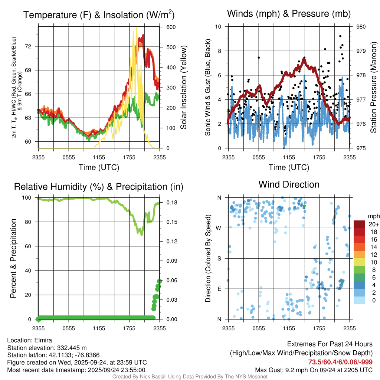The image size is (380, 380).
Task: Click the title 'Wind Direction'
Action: pyautogui.click(x=289, y=184)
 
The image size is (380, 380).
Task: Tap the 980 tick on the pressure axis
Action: pyautogui.click(x=361, y=27)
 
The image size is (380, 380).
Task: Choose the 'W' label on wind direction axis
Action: pyautogui.click(x=219, y=228)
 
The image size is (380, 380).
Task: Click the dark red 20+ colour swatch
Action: pyautogui.click(x=359, y=224)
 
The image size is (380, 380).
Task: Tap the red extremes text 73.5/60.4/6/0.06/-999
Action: pyautogui.click(x=340, y=362)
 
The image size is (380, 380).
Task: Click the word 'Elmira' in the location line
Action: pyautogui.click(x=42, y=340)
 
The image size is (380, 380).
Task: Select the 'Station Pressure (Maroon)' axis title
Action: pyautogui.click(x=374, y=87)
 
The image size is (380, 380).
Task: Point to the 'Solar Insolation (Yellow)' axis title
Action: pyautogui.click(x=184, y=87)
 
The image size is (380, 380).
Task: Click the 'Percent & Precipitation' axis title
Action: pyautogui.click(x=13, y=258)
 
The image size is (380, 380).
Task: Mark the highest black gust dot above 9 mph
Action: pyautogui.click(x=340, y=36)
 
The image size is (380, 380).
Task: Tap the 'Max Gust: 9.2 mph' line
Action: pyautogui.click(x=314, y=370)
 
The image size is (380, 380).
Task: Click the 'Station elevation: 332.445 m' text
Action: pyautogui.click(x=47, y=348)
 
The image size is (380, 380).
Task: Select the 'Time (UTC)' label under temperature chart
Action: pyautogui.click(x=99, y=168)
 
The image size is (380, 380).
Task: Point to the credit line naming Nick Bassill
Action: pyautogui.click(x=190, y=377)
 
